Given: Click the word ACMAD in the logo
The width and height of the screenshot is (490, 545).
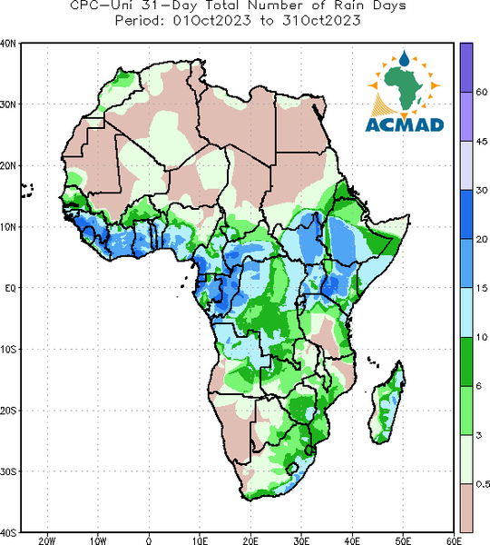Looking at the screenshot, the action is [x=405, y=125].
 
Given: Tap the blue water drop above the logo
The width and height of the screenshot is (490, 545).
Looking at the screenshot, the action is [x=404, y=59].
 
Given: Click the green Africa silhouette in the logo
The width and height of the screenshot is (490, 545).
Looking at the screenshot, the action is [x=404, y=87].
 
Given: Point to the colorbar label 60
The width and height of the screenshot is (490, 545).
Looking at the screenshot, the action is [x=482, y=92].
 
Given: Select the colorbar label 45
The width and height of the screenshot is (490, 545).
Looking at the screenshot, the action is [x=482, y=142].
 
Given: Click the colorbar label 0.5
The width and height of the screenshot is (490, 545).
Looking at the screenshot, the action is [x=483, y=484].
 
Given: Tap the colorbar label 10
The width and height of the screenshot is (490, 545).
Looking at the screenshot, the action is [x=482, y=337].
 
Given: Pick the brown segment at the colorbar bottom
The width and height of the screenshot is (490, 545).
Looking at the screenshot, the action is [x=466, y=508].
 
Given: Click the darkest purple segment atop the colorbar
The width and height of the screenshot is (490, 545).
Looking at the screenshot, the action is [x=466, y=68].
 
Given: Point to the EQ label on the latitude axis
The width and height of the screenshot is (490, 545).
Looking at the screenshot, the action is [x=10, y=288].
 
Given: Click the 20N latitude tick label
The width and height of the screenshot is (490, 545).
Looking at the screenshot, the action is [x=7, y=166].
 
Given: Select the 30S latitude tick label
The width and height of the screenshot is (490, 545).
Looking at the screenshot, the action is [x=7, y=471].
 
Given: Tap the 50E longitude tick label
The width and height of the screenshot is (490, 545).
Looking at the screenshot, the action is [x=403, y=540].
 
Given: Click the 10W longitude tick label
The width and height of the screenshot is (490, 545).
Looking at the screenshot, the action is [x=98, y=540].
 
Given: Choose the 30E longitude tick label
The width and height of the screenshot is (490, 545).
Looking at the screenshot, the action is [x=301, y=540].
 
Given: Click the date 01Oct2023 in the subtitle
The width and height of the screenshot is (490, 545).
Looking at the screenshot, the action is [x=211, y=21].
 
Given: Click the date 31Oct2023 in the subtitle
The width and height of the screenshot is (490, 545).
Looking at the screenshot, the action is [x=321, y=21].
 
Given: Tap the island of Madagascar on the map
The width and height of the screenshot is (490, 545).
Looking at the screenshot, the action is [x=387, y=405].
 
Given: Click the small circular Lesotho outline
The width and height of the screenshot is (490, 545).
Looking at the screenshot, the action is [x=292, y=468].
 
